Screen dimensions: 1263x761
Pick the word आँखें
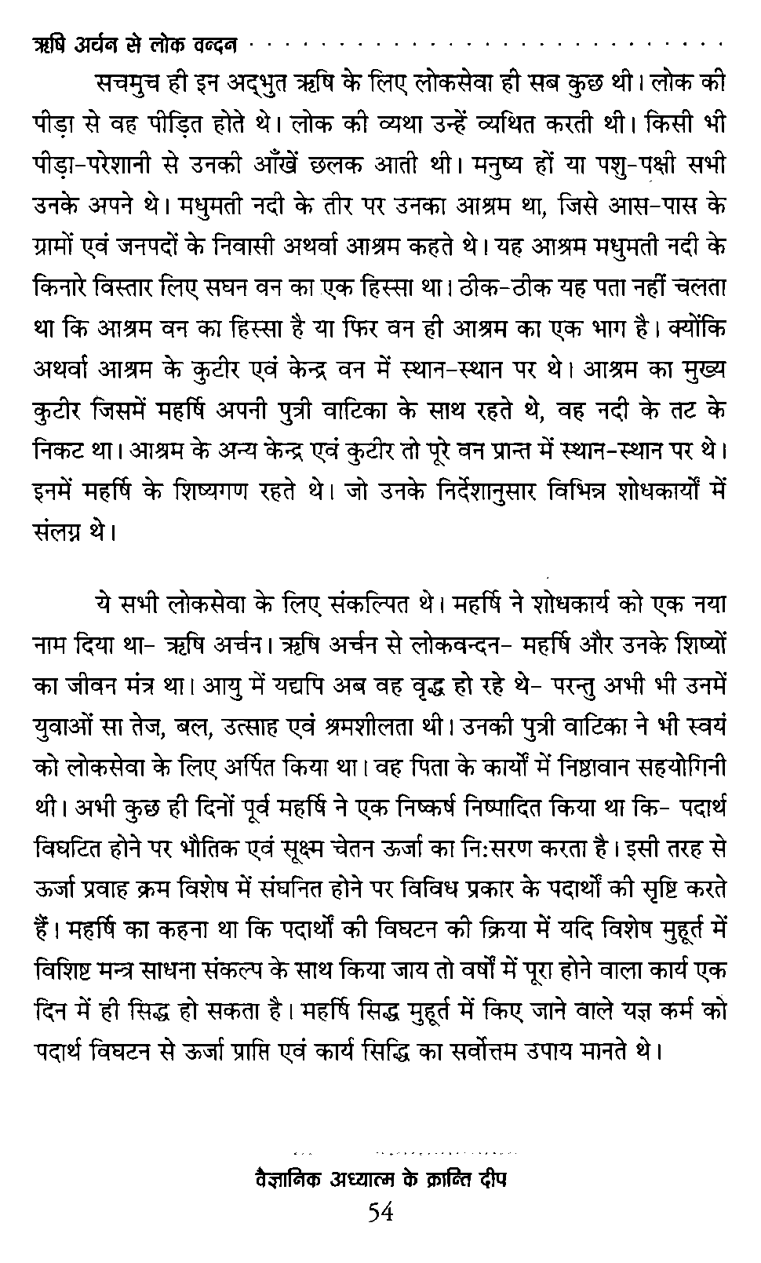click(x=355, y=166)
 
